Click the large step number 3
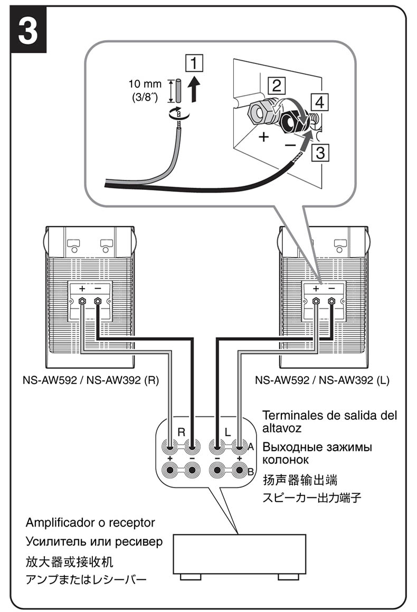(x=29, y=31)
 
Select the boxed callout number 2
(x=276, y=84)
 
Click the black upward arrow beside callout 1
(x=195, y=89)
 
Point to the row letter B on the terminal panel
(x=251, y=471)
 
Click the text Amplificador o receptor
(x=90, y=523)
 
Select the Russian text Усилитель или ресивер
(x=94, y=542)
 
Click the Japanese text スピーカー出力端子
(x=312, y=497)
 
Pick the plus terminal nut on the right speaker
(x=316, y=301)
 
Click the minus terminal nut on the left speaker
(x=98, y=301)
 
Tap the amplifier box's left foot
(x=191, y=577)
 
